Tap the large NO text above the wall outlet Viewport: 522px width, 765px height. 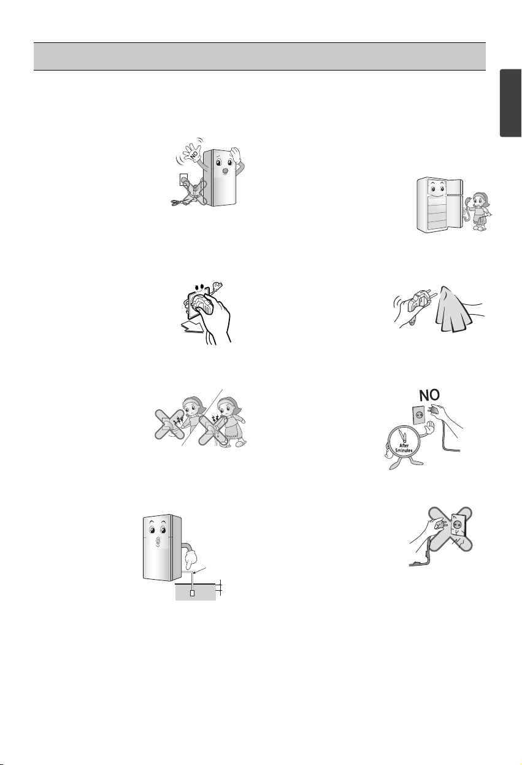[x=429, y=396]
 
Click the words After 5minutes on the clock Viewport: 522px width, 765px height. [x=404, y=448]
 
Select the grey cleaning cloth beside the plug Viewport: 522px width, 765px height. [x=453, y=309]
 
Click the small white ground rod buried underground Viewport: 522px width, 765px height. [x=192, y=593]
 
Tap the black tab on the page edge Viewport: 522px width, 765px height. [x=511, y=103]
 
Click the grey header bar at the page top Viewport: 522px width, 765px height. [x=259, y=56]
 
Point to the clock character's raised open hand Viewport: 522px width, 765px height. [x=428, y=428]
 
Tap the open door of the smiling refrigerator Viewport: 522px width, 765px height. [x=455, y=203]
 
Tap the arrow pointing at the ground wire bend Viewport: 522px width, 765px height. [x=200, y=569]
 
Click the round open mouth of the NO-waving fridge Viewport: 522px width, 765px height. [x=225, y=171]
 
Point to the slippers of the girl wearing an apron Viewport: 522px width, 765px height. [x=239, y=443]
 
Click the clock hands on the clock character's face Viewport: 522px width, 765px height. [x=404, y=438]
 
